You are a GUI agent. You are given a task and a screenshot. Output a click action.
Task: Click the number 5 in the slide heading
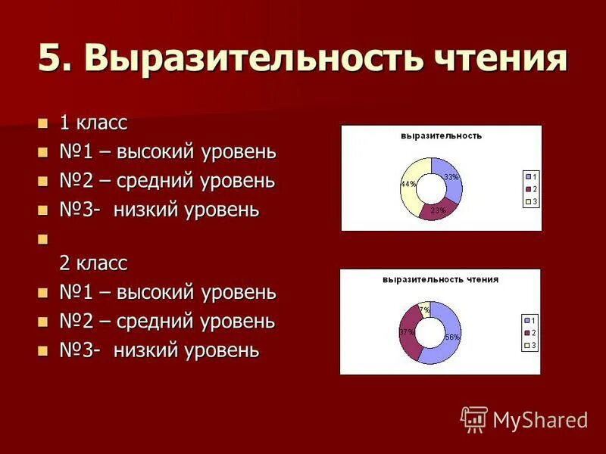coord(48,58)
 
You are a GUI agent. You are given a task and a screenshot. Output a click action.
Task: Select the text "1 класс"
coord(93,123)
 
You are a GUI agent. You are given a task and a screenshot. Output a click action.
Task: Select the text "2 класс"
coord(93,263)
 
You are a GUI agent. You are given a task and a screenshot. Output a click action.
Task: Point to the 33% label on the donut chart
coord(451,177)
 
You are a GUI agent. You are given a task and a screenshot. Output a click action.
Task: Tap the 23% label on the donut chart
coord(438,210)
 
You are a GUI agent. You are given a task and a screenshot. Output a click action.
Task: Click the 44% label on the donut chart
coord(408,184)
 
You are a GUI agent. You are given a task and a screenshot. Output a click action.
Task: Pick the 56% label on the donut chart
coord(452,337)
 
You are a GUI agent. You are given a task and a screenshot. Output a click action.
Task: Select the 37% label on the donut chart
coord(406,332)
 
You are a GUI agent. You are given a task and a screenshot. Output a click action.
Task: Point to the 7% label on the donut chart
coord(425,309)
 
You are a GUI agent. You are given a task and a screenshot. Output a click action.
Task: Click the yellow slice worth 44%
coord(411,195)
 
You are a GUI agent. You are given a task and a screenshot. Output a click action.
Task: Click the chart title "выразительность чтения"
coord(440,279)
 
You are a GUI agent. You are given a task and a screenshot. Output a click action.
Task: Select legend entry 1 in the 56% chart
coord(529,320)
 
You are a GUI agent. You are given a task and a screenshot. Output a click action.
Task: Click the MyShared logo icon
coord(474,418)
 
